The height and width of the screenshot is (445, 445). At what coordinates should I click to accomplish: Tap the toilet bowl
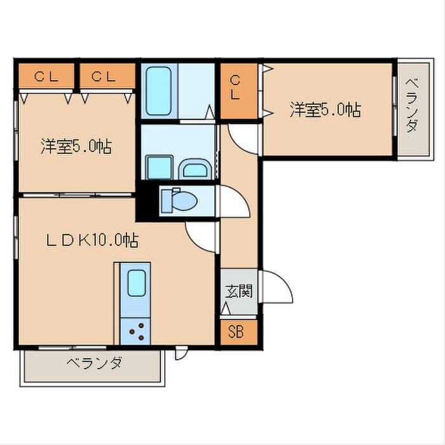click(181, 202)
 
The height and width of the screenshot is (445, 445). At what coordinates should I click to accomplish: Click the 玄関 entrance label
click(239, 292)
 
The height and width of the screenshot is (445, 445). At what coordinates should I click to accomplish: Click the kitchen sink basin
click(137, 283)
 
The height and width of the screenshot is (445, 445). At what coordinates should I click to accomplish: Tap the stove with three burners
click(136, 329)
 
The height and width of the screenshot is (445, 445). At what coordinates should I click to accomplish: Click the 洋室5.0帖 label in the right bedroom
click(325, 109)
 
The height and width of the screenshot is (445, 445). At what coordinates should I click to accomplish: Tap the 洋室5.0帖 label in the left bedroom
click(76, 147)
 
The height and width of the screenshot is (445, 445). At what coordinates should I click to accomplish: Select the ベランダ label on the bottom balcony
click(93, 364)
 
